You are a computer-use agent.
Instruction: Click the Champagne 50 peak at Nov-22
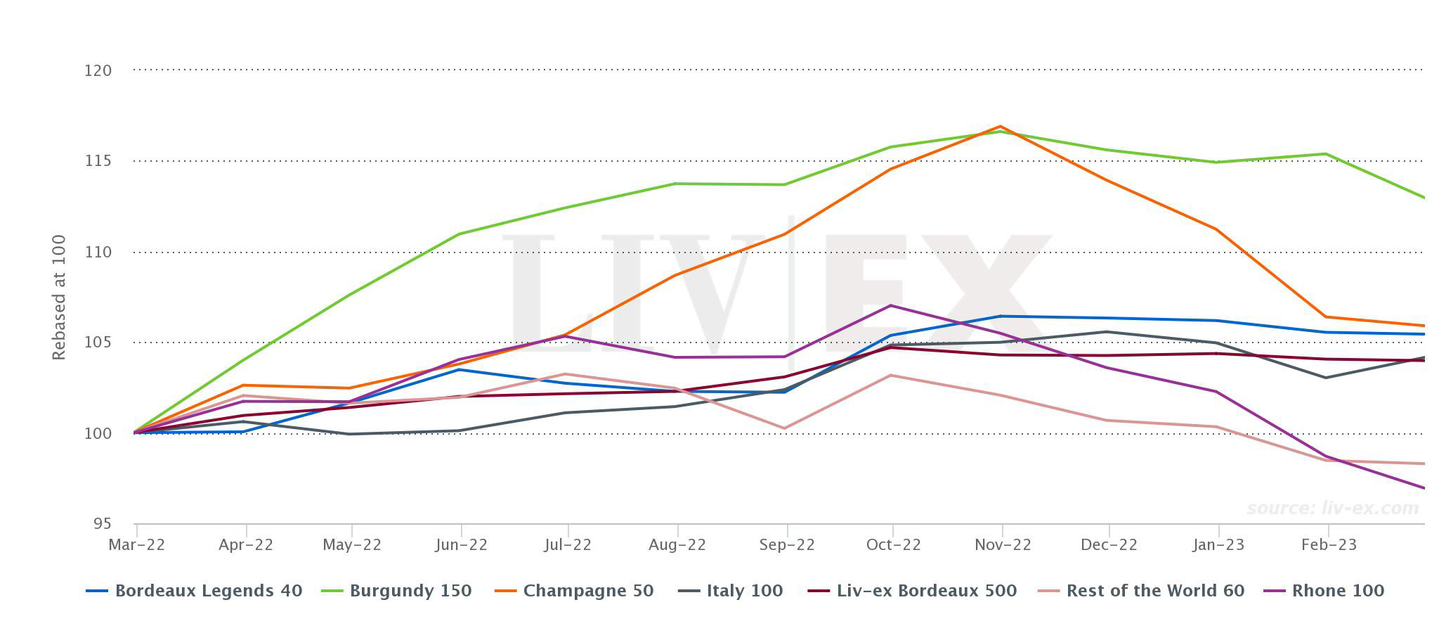1000,127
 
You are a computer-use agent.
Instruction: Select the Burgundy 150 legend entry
410,591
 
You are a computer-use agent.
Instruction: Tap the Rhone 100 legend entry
1337,591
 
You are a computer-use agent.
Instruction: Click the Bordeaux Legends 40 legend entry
208,591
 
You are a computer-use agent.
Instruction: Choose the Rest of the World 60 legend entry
1154,591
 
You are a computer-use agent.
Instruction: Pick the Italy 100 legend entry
744,591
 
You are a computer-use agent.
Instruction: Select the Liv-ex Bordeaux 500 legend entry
926,591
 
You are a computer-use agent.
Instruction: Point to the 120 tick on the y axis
98,70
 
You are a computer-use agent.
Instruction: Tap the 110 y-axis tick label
98,252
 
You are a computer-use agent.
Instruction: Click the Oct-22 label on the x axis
893,545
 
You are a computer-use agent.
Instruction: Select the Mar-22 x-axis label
136,545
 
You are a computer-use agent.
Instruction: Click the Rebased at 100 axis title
59,298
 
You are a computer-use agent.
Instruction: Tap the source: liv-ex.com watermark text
1332,508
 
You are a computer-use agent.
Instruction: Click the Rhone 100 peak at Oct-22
891,305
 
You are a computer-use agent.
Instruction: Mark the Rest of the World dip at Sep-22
784,428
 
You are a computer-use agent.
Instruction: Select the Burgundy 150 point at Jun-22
459,234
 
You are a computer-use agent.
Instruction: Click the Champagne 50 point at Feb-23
1326,316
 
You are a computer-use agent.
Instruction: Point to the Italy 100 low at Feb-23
1326,378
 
